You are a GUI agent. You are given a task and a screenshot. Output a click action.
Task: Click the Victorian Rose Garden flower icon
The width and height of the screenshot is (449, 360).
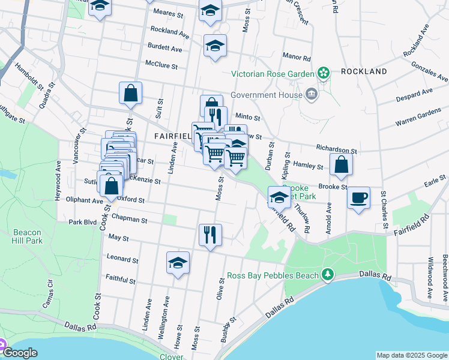(324, 73)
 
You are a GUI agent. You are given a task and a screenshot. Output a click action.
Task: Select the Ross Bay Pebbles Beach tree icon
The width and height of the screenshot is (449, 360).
(328, 275)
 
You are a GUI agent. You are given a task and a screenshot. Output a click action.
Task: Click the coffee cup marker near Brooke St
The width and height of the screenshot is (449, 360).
(358, 198)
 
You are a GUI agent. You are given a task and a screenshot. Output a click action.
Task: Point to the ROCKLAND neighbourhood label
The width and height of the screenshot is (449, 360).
(364, 71)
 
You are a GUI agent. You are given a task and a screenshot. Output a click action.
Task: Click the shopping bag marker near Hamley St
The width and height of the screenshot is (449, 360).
(341, 165)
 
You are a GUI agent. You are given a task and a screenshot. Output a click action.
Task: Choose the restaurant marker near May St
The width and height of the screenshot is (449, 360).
(210, 233)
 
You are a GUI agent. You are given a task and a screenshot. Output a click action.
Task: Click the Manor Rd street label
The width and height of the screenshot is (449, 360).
(298, 58)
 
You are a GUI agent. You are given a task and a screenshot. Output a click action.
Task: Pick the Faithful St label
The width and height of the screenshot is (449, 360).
(122, 278)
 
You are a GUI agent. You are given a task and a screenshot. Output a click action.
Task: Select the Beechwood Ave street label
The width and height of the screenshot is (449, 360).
(445, 274)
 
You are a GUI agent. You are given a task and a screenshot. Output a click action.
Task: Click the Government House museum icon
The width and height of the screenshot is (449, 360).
(312, 94)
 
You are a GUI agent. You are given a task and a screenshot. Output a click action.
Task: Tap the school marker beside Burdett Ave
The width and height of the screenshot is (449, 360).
(215, 46)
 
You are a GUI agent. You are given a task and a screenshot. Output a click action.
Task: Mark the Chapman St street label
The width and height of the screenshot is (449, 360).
(129, 220)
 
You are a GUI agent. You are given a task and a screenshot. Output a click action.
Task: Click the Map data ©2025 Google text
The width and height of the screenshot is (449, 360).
(412, 355)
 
